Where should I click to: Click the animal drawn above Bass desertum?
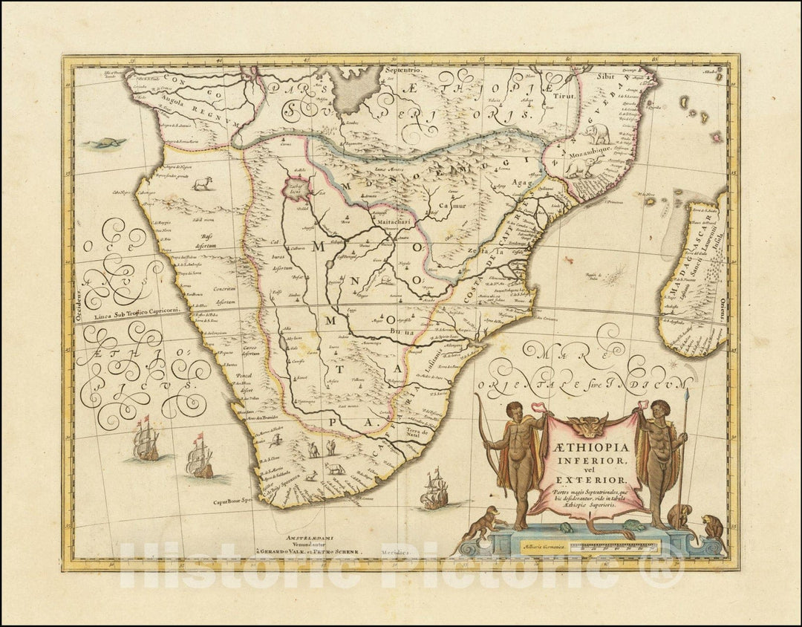[200, 183]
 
